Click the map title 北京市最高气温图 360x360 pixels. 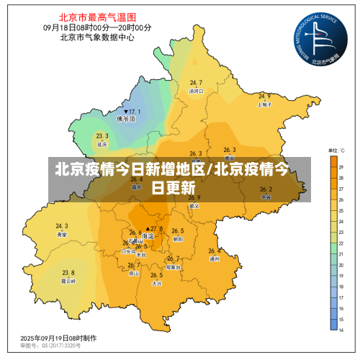(x=98, y=16)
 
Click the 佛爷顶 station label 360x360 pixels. (x=130, y=120)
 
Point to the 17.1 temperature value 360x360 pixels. (x=133, y=112)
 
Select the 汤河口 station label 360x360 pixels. (x=196, y=91)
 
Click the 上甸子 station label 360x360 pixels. (x=264, y=104)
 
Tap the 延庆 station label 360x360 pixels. (x=102, y=144)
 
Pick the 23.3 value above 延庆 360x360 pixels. (x=102, y=135)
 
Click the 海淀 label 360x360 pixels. (x=148, y=236)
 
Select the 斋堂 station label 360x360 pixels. (x=61, y=234)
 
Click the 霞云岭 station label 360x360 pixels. (x=68, y=281)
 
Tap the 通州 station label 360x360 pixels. (x=214, y=259)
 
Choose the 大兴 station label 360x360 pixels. (x=156, y=283)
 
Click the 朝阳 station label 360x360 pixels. (x=178, y=239)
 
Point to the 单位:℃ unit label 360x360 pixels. (x=336, y=150)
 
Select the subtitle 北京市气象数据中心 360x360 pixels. (x=98, y=37)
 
